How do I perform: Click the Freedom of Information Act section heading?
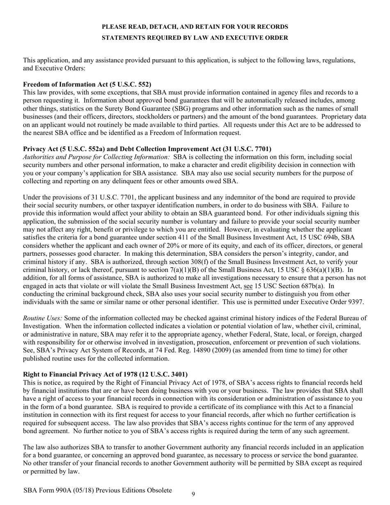(87, 84)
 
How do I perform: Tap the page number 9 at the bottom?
(193, 494)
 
